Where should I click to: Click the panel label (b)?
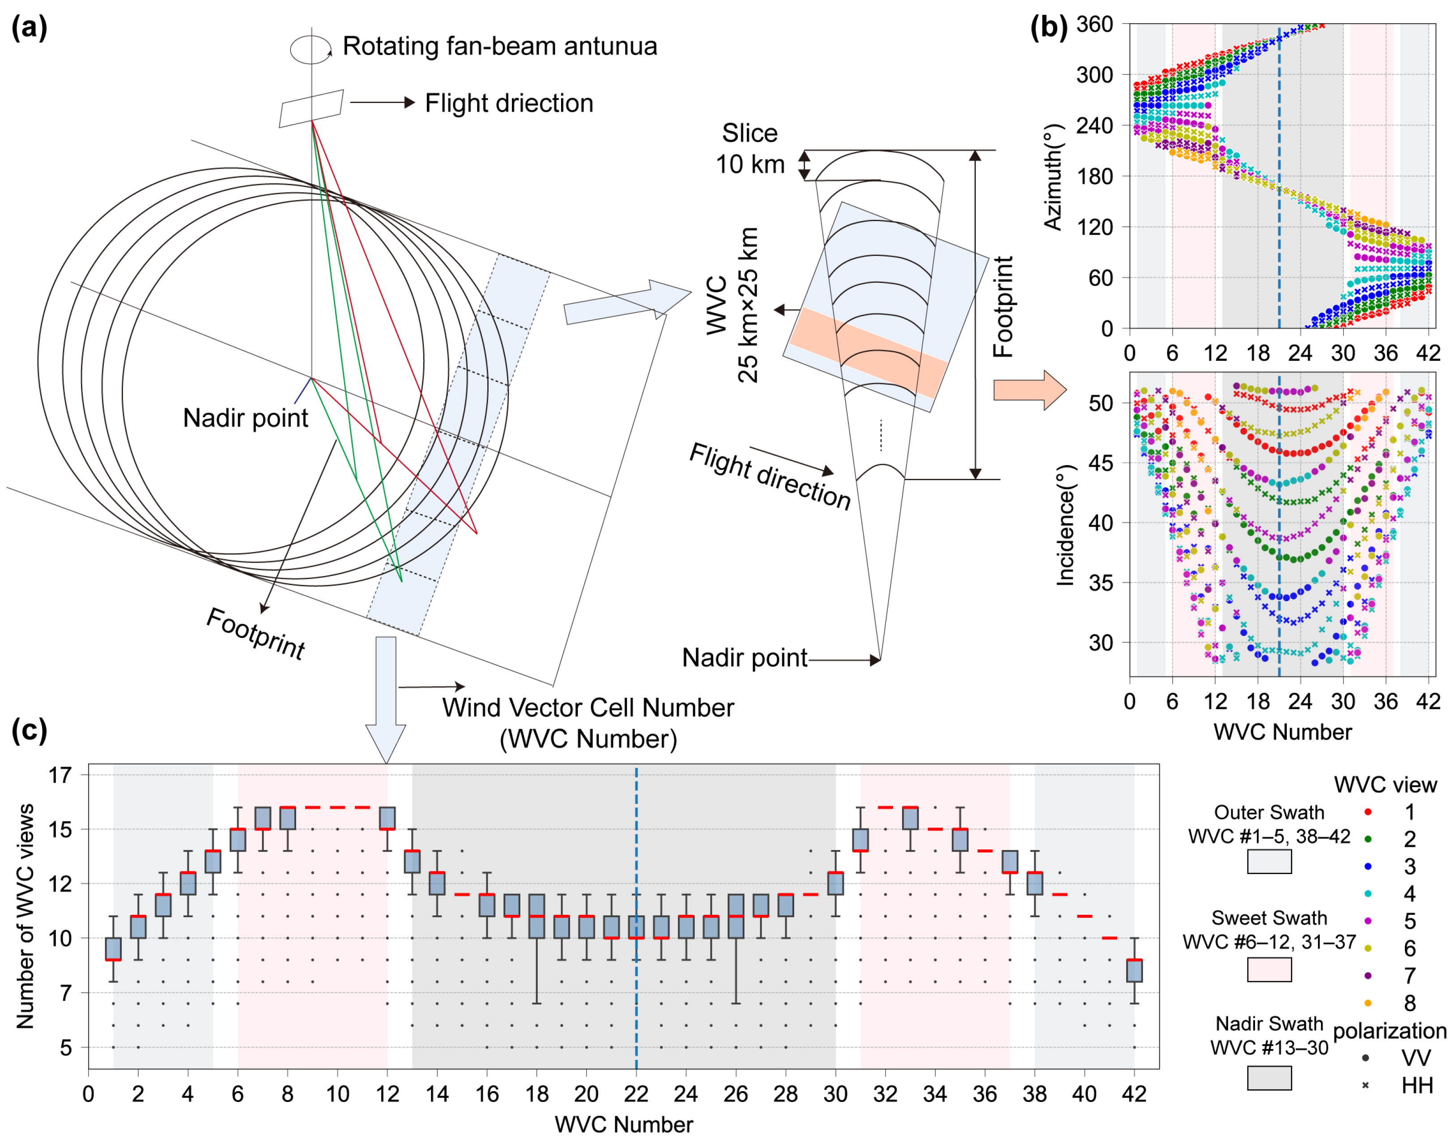[1048, 28]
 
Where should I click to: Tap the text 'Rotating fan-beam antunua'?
[499, 46]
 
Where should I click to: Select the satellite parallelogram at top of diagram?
[311, 108]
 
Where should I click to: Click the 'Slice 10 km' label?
[749, 149]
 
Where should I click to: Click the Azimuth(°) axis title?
[1053, 177]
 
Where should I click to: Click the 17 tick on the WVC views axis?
[60, 775]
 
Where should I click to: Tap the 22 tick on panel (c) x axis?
[635, 1094]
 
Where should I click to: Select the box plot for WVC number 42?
[1134, 970]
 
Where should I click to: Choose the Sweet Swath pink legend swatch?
[1269, 969]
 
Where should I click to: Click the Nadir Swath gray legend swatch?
[1269, 1078]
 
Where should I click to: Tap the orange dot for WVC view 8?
[1367, 1003]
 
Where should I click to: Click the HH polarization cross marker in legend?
[1365, 1085]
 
